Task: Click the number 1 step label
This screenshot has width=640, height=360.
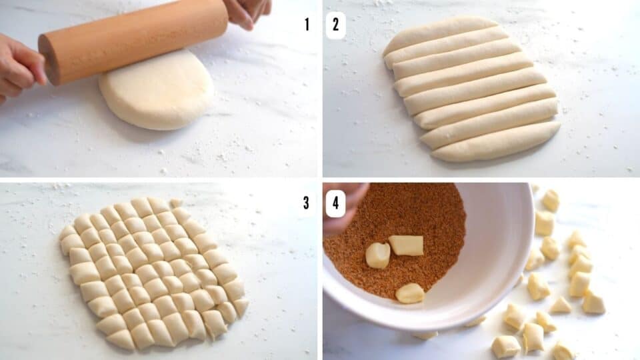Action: (x=307, y=25)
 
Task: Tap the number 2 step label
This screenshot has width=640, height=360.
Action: (x=335, y=25)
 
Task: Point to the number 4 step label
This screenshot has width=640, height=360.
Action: (x=335, y=203)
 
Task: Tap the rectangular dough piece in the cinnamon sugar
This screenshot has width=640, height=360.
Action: (x=406, y=245)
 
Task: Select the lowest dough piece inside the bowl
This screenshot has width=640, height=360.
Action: (x=409, y=293)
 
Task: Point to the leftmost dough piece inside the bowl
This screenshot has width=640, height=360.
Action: (x=377, y=255)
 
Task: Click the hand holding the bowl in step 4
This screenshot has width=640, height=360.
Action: (x=343, y=203)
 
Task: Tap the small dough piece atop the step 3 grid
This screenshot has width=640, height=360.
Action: (x=175, y=203)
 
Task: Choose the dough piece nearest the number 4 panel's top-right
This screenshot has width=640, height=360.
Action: (x=551, y=200)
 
